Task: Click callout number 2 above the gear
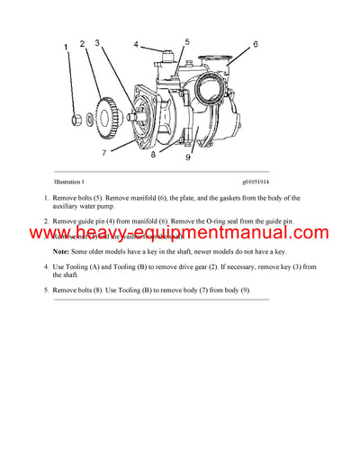click(x=82, y=43)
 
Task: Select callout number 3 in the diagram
click(x=97, y=41)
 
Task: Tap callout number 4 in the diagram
click(x=136, y=43)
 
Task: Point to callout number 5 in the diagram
click(x=187, y=41)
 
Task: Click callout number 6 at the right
click(x=255, y=43)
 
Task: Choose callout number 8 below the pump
click(x=154, y=155)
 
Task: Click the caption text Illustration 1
click(x=74, y=182)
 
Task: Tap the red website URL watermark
click(x=180, y=235)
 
